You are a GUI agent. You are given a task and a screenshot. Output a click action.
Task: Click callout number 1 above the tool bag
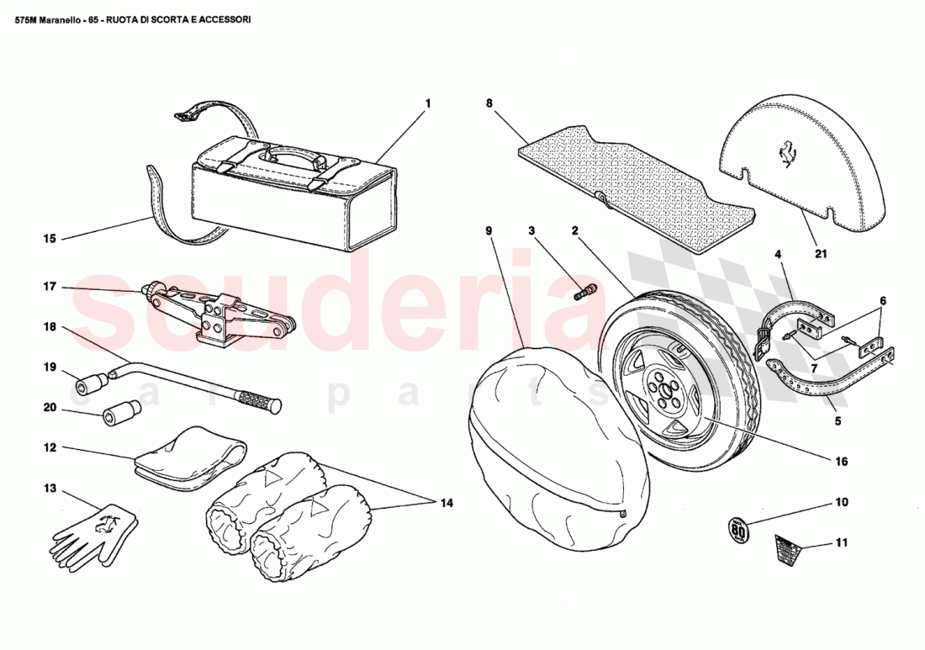pyautogui.click(x=427, y=103)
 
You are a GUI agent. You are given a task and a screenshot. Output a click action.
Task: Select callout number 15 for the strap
pyautogui.click(x=50, y=239)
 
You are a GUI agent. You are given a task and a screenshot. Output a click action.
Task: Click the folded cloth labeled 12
pyautogui.click(x=189, y=457)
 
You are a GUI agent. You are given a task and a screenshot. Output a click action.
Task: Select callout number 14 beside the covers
pyautogui.click(x=445, y=503)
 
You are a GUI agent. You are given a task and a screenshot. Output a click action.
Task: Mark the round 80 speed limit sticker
pyautogui.click(x=737, y=531)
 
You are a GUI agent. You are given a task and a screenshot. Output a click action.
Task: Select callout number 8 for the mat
pyautogui.click(x=489, y=103)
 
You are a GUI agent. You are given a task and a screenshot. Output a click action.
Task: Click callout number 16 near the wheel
pyautogui.click(x=842, y=461)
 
